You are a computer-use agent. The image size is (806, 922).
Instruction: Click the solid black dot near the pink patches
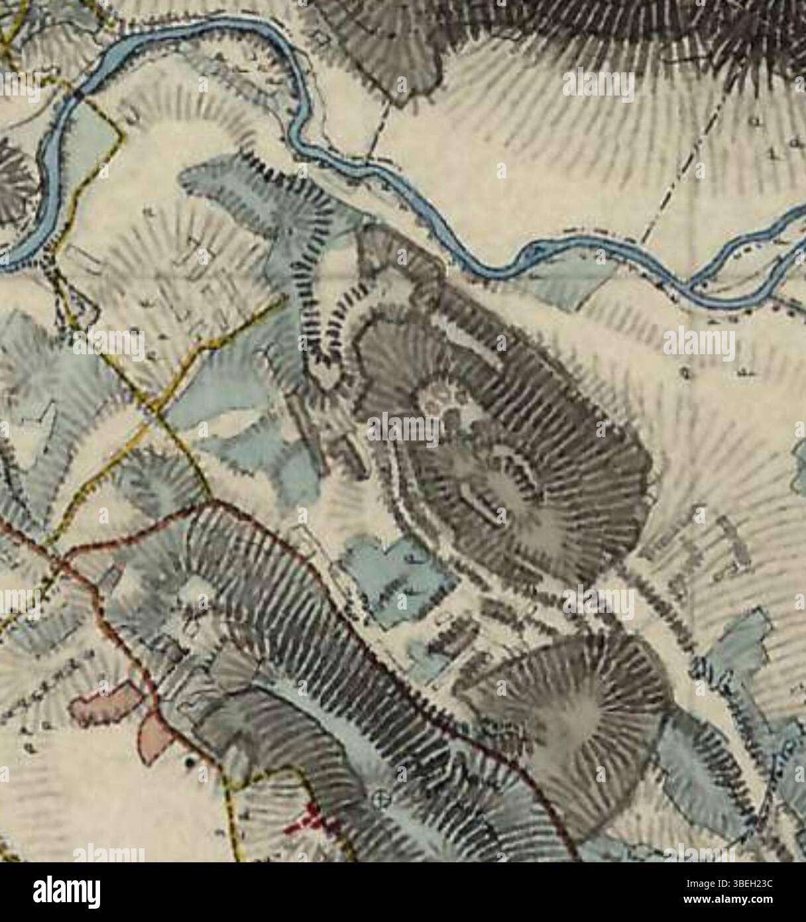pyautogui.click(x=190, y=763)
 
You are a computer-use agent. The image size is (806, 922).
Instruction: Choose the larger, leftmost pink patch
pyautogui.click(x=103, y=706)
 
